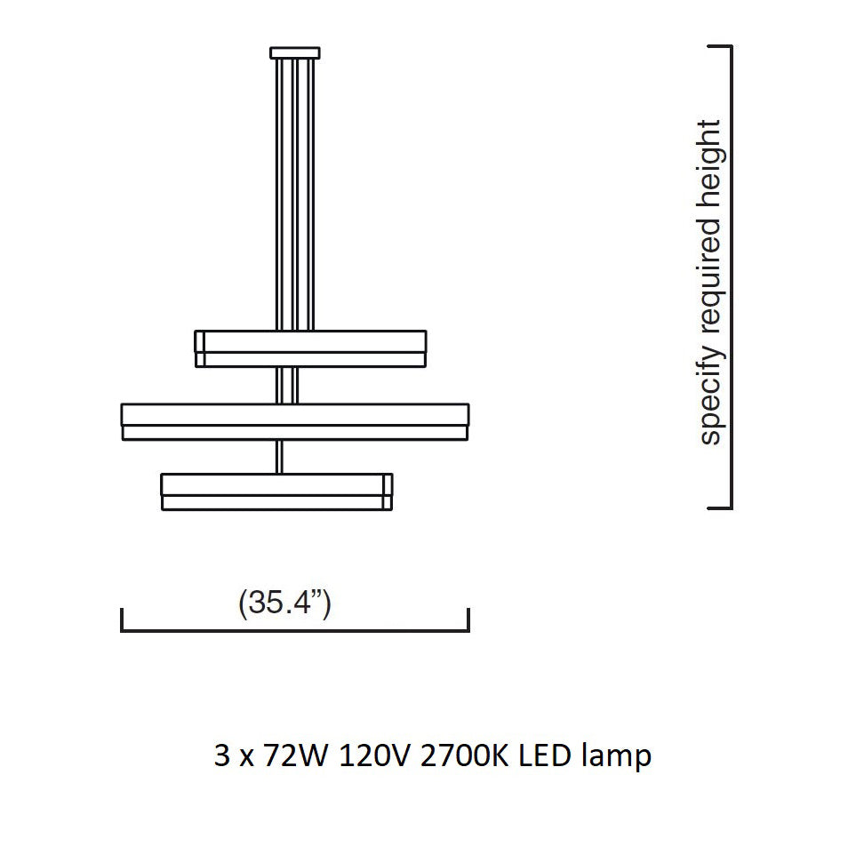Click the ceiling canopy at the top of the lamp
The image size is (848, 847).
pos(295,52)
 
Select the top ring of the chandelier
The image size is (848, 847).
pos(310,348)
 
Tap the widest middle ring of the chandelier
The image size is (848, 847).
pos(295,420)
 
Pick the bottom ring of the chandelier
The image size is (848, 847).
pos(276,491)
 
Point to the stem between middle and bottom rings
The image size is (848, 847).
pos(281,455)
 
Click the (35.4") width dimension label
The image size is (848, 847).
pos(284,603)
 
